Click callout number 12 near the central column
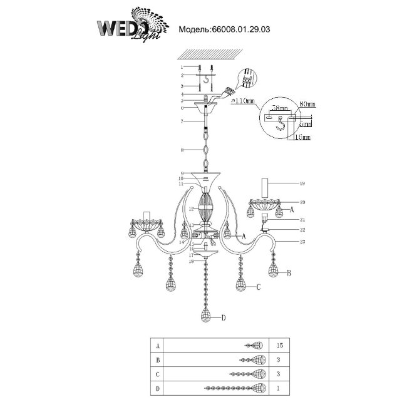[182, 209]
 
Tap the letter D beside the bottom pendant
[222, 318]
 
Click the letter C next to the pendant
[257, 287]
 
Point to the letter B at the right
[289, 273]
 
